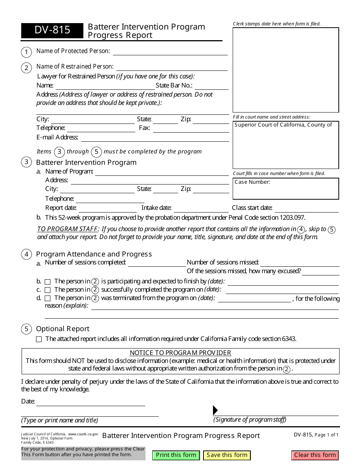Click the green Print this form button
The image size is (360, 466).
[176, 455]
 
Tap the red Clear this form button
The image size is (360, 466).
[315, 455]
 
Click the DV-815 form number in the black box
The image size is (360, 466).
[52, 30]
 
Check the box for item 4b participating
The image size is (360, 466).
[48, 282]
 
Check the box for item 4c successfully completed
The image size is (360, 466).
[48, 290]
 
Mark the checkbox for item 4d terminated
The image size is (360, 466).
[48, 299]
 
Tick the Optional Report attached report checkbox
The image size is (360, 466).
[39, 339]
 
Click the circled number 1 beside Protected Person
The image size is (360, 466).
[26, 52]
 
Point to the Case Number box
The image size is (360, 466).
[286, 189]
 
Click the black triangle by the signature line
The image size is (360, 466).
[215, 410]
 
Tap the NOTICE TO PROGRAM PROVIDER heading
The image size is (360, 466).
[180, 353]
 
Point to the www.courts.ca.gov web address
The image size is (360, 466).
[83, 434]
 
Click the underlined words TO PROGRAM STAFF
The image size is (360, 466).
[67, 229]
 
